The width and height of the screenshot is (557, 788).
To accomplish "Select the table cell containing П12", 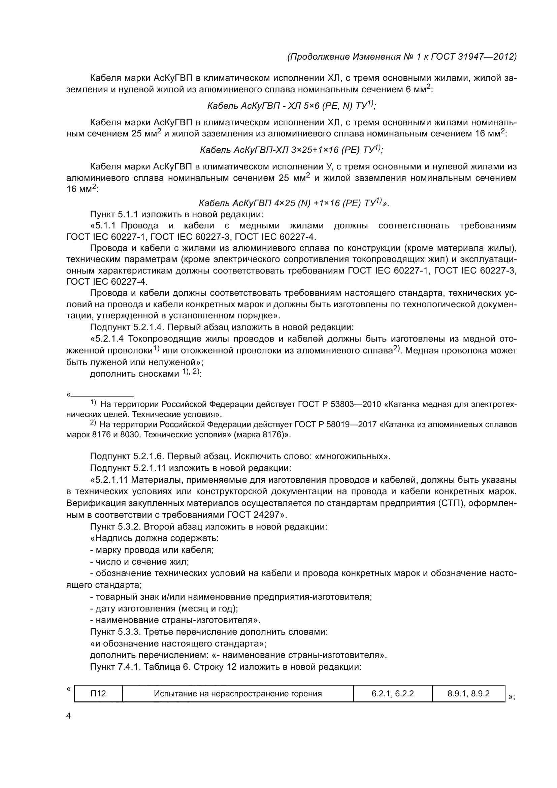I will [98, 694].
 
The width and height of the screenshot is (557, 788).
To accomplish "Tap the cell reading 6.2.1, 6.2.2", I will [392, 694].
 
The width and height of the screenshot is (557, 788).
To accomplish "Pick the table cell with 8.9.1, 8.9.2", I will [468, 694].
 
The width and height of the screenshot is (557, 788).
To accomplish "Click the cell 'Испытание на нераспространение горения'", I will [238, 694].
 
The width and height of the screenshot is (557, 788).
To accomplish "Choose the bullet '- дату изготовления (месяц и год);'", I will [164, 608].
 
